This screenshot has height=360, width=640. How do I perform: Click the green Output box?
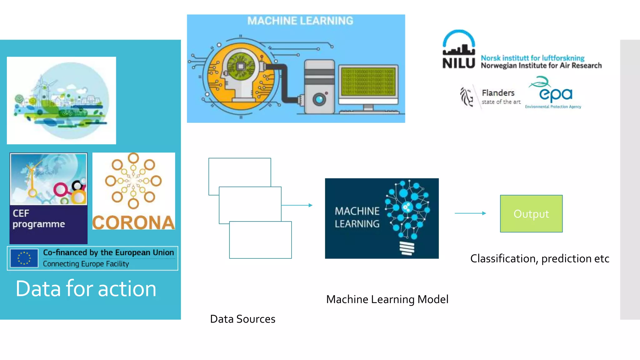[x=531, y=214]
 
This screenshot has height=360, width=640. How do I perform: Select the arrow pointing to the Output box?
[x=470, y=213]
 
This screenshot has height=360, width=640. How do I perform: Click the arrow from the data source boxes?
[x=297, y=205]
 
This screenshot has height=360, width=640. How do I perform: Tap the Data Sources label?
[x=242, y=319]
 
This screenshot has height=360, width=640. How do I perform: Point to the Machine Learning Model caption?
[x=387, y=299]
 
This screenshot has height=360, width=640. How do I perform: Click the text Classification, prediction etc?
[x=539, y=259]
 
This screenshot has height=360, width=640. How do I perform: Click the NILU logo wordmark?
[x=458, y=63]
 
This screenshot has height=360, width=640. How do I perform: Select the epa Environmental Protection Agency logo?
[x=554, y=94]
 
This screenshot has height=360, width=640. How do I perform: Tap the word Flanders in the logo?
[x=498, y=93]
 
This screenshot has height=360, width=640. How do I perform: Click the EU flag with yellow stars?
[x=24, y=258]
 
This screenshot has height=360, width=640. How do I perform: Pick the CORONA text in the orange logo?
[x=133, y=222]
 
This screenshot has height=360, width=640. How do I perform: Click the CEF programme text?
[x=38, y=219]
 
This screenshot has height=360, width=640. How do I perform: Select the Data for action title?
[x=86, y=288]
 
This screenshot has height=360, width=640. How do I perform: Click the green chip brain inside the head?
[x=241, y=66]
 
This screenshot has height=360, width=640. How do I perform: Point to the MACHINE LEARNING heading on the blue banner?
[x=300, y=21]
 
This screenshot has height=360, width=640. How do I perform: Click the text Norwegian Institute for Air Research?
[x=541, y=66]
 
